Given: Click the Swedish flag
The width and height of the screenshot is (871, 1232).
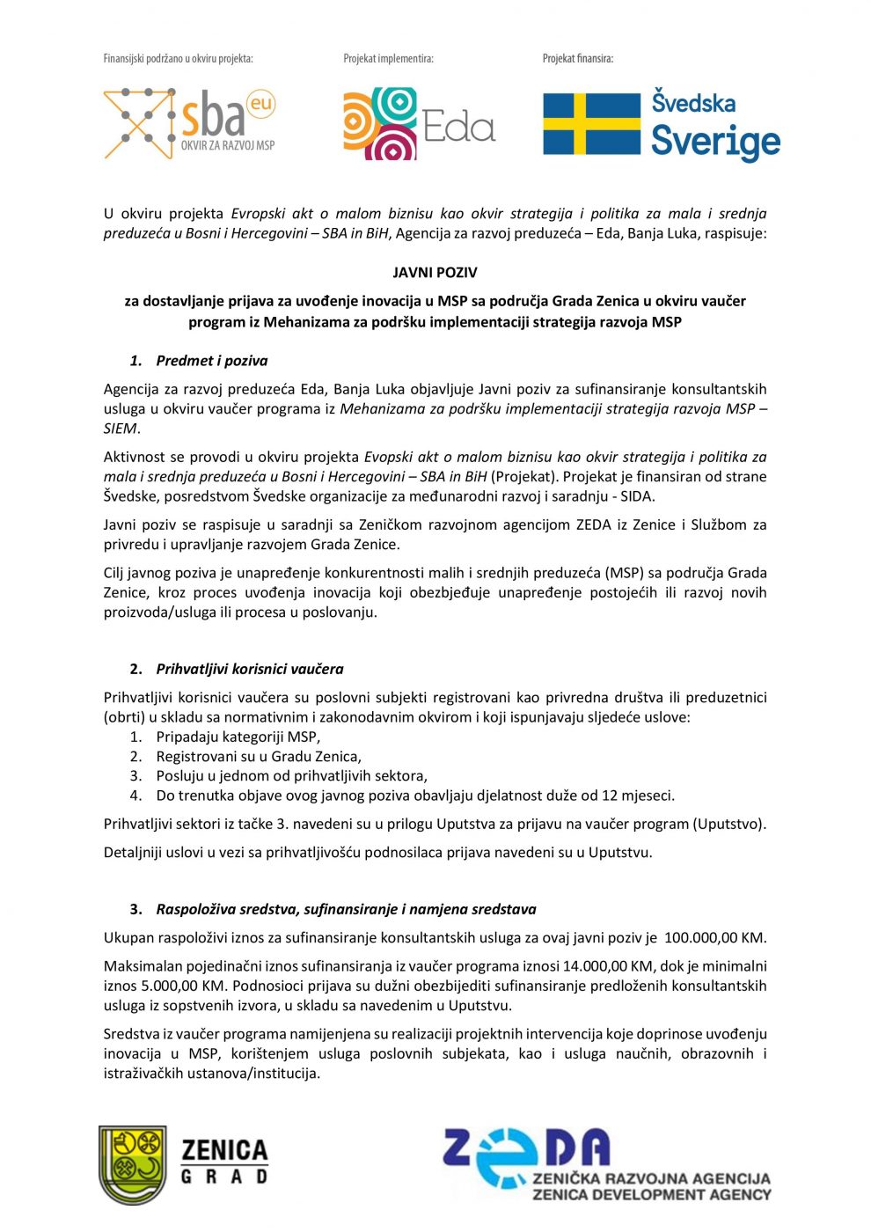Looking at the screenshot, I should coord(591,124).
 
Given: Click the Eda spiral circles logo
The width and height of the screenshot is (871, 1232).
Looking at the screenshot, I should coord(380,123).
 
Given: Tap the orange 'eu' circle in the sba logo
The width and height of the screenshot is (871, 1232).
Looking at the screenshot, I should coord(260,105).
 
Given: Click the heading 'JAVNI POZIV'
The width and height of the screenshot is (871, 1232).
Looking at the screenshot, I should coord(435,273).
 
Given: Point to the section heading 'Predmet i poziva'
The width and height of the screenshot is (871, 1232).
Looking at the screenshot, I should coord(211,361).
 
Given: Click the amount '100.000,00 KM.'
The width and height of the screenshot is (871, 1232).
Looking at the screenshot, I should coord(715,937).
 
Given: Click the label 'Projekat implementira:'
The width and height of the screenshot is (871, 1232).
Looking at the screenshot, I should coord(388,59).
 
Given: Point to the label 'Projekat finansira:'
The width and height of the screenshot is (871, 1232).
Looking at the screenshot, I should coord(577,59).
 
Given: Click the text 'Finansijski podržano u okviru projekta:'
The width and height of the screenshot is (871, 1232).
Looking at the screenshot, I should coord(178,59).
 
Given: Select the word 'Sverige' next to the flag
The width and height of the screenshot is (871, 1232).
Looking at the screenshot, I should coord(715,141).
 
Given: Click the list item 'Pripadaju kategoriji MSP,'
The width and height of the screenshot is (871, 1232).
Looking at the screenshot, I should coord(238,737).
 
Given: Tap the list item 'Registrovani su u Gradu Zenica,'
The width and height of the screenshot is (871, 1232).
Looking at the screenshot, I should coord(259,756).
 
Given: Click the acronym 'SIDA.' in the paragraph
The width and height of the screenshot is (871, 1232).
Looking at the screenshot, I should coord(637,496).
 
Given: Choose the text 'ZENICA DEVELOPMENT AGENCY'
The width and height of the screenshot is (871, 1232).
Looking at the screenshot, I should coord(651,1194).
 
